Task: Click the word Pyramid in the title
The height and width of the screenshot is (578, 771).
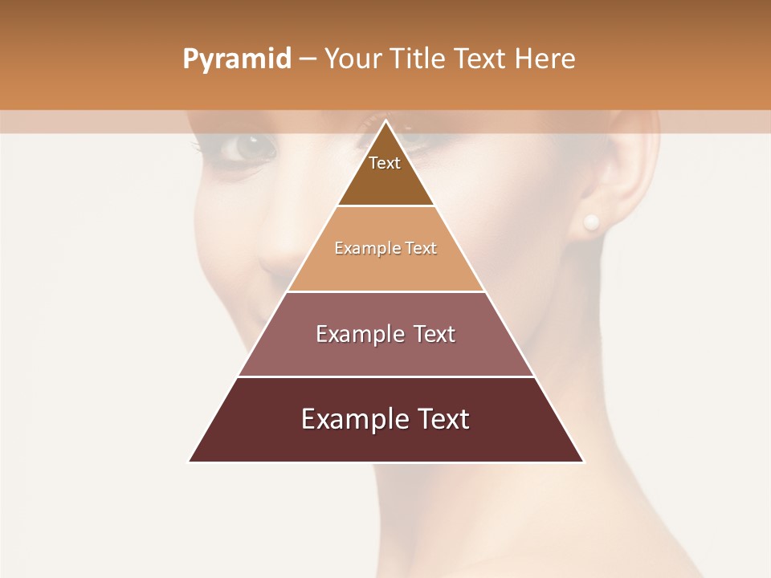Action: click(x=237, y=59)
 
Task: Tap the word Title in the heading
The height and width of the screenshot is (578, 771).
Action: click(x=420, y=59)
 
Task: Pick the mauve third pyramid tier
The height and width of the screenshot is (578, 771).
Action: click(x=385, y=353)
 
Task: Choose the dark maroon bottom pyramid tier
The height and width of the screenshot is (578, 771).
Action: click(x=385, y=442)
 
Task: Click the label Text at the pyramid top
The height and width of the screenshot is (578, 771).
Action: click(x=385, y=163)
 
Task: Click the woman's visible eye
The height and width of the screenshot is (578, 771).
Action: click(x=248, y=147)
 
